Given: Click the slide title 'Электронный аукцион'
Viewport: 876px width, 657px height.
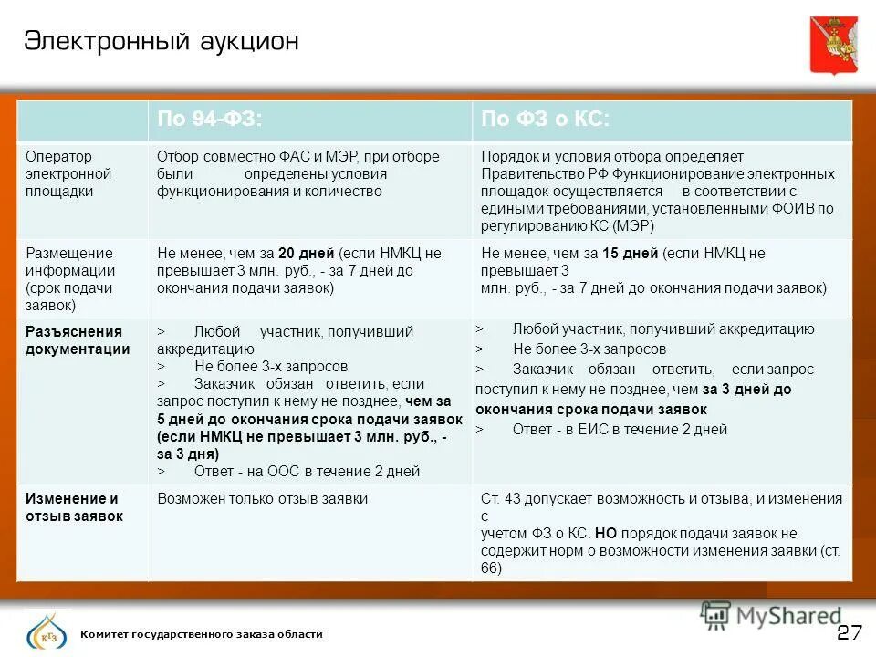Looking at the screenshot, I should point(161,41).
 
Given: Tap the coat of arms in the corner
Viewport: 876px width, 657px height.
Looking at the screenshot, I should point(833,44).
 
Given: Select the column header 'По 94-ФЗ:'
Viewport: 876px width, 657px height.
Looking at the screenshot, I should point(210,120).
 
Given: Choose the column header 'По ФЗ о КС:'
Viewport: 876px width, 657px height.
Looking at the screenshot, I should point(545,120).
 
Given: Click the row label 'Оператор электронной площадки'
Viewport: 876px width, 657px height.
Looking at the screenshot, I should point(68,173).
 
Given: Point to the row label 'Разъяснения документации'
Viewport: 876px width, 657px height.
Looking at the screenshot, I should point(78,339).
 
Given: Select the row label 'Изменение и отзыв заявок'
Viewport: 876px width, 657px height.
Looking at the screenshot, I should point(74,507).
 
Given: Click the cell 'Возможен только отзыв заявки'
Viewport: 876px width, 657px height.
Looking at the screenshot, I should point(262,499).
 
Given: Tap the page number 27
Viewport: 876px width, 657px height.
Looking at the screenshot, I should point(850,632).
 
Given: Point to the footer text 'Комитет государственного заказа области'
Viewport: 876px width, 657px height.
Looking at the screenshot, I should point(201,634).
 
